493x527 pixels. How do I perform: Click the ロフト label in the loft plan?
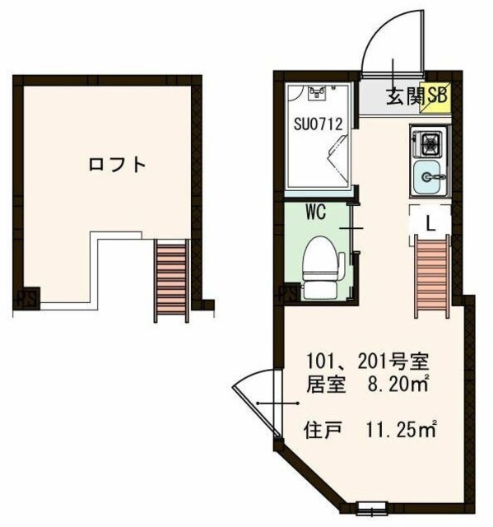coord(118,164)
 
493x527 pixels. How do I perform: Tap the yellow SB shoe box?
coord(435,96)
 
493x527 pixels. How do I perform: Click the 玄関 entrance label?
coord(404,96)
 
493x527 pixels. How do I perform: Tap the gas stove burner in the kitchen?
coord(430,145)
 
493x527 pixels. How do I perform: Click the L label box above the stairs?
coord(430,221)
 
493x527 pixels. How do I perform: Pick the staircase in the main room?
coord(431,275)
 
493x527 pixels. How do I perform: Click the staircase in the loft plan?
coord(172,280)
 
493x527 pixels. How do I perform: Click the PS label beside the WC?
coord(287,293)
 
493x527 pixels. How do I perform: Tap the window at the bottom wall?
coord(370,506)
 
